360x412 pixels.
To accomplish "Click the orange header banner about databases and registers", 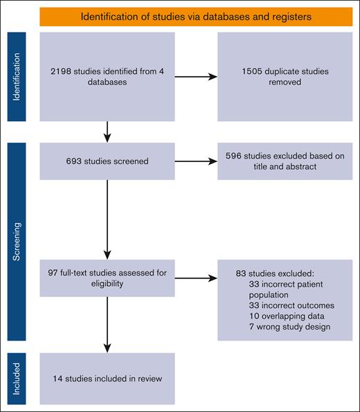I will coord(196,16).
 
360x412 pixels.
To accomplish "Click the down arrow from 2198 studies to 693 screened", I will coord(107,129).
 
